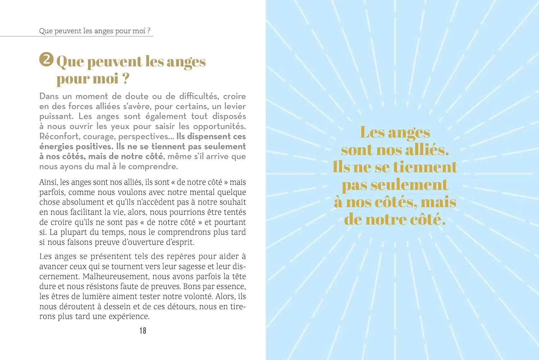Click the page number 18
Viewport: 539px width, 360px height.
point(143,331)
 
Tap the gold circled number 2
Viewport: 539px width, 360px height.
point(46,59)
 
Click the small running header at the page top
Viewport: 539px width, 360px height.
point(95,31)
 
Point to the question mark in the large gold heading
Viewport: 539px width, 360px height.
point(126,78)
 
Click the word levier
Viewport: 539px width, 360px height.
point(235,106)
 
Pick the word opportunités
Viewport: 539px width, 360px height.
point(219,127)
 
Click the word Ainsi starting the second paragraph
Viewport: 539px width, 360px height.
point(48,182)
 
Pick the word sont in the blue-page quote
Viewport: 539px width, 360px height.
point(357,150)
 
